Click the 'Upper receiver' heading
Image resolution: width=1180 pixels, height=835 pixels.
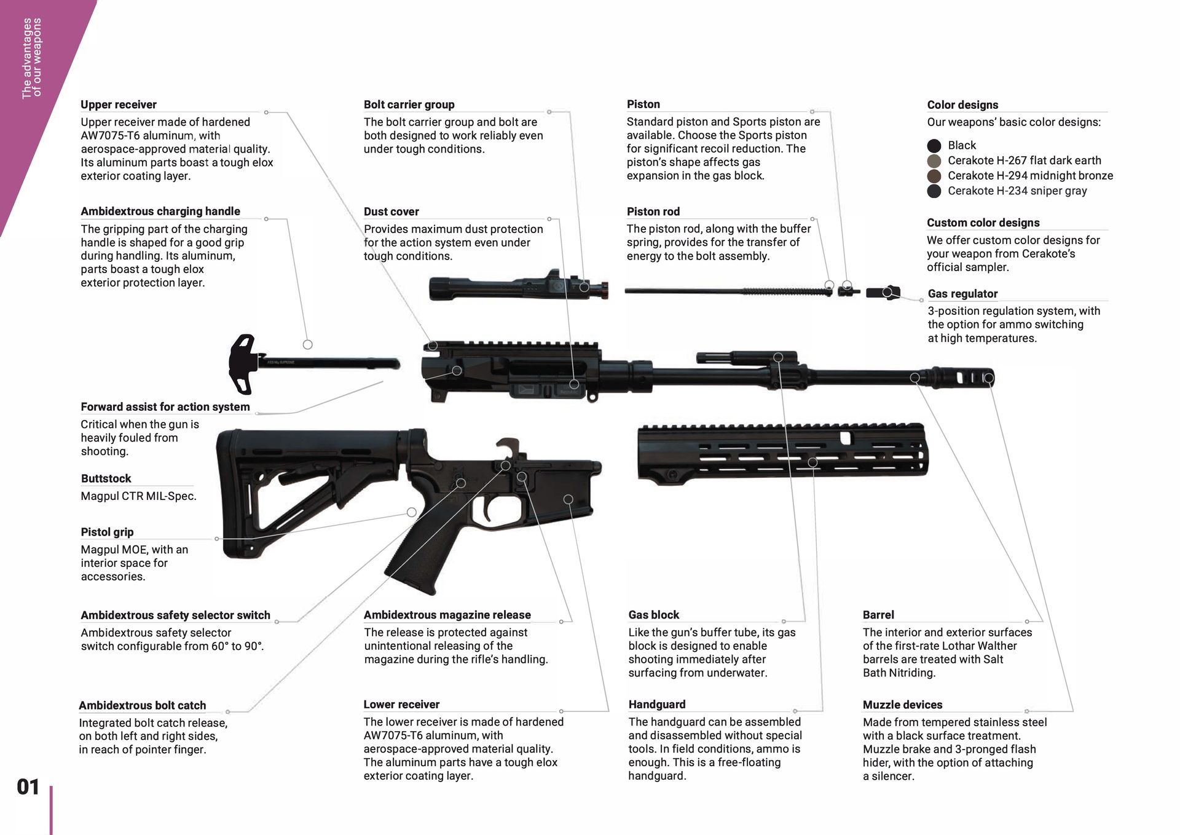point(119,105)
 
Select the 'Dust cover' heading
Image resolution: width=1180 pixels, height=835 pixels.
point(391,212)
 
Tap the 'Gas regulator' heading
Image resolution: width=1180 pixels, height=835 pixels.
point(962,294)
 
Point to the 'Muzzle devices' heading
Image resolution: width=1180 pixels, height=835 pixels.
point(902,705)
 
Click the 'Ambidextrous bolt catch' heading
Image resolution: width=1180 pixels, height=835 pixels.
point(142,705)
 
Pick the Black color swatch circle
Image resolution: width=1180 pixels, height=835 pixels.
point(934,146)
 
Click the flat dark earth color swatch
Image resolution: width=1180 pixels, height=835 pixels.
point(934,161)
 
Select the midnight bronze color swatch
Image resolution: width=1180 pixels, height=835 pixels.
point(934,176)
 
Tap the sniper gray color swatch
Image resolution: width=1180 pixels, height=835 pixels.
point(934,191)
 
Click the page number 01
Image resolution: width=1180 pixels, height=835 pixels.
point(28,787)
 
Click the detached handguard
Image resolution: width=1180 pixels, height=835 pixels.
point(781,452)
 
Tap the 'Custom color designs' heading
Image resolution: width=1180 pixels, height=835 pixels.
point(983,223)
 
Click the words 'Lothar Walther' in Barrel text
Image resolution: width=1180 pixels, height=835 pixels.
point(980,646)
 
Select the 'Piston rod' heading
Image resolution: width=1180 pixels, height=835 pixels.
point(653,212)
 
